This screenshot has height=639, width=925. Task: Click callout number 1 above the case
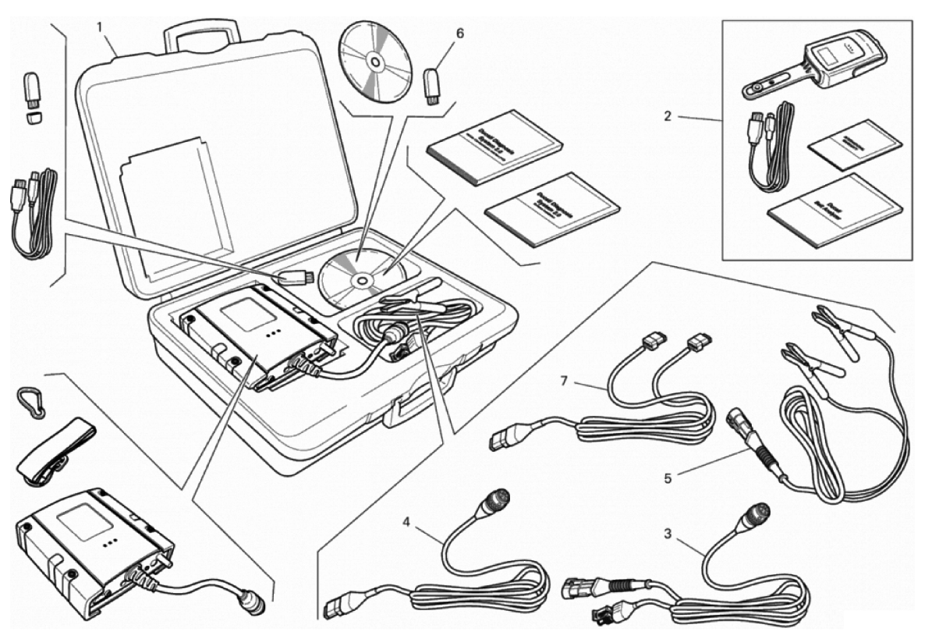pyautogui.click(x=100, y=27)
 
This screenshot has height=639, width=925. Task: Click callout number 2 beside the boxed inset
pyautogui.click(x=668, y=117)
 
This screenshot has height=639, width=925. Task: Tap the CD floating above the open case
pyautogui.click(x=374, y=61)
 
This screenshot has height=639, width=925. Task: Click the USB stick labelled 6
pyautogui.click(x=431, y=83)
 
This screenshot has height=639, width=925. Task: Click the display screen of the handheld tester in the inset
pyautogui.click(x=826, y=57)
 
